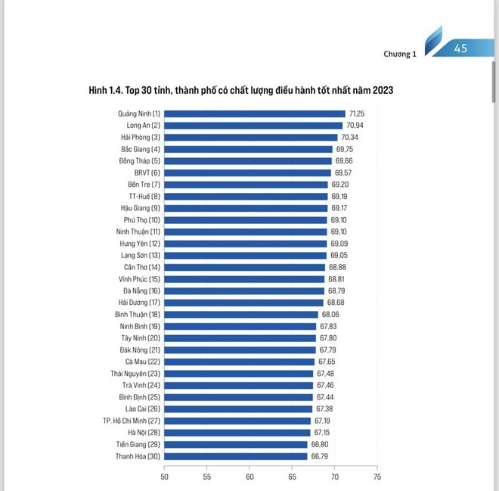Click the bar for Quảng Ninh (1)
pyautogui.click(x=254, y=113)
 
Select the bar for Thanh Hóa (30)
pyautogui.click(x=235, y=456)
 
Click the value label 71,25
pyautogui.click(x=356, y=113)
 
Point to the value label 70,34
pyautogui.click(x=349, y=137)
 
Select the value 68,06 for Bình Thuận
pyautogui.click(x=331, y=314)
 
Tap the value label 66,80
pyautogui.click(x=318, y=444)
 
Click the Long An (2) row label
pyautogui.click(x=140, y=126)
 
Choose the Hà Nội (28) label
pyautogui.click(x=141, y=433)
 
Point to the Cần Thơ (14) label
pyautogui.click(x=141, y=267)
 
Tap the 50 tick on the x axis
pyautogui.click(x=165, y=477)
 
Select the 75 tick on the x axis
pyautogui.click(x=377, y=477)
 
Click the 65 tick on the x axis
pyautogui.click(x=292, y=477)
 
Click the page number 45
pyautogui.click(x=460, y=48)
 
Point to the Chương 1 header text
pyautogui.click(x=400, y=54)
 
